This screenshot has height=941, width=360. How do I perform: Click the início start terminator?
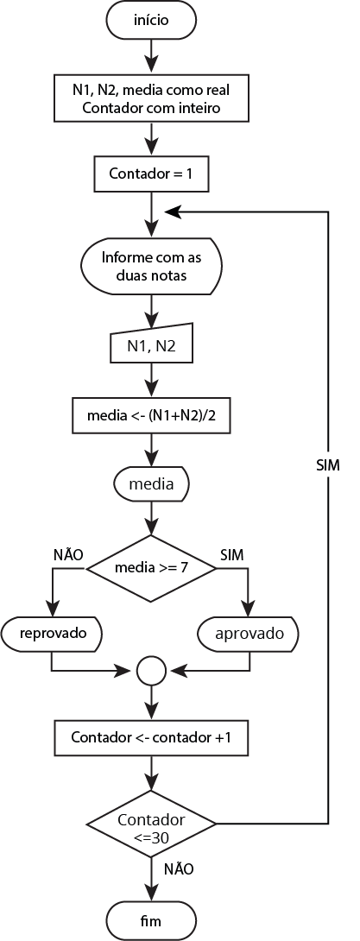click(151, 21)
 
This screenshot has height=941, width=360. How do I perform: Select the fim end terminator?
click(151, 920)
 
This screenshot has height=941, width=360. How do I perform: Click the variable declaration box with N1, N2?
click(151, 98)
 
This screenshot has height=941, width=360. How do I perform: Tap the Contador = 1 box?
click(151, 174)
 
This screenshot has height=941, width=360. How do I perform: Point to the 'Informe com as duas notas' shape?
click(151, 267)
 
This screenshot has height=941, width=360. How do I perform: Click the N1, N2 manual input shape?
click(151, 345)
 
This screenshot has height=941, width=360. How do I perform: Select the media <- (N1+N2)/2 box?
click(151, 414)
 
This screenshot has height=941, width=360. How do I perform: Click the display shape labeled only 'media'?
click(151, 483)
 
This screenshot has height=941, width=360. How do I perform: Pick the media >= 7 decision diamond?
click(151, 568)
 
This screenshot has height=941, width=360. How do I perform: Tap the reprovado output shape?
click(52, 633)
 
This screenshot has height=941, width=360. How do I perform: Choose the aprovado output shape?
click(248, 634)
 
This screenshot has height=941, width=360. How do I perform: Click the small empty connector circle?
click(151, 670)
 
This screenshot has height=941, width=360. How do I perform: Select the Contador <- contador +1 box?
click(151, 737)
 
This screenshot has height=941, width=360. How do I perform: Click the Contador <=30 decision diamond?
click(151, 823)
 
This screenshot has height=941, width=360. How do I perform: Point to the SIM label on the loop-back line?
click(327, 465)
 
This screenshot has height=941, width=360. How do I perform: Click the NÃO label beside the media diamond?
click(68, 554)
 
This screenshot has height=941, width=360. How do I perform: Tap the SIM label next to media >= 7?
click(232, 555)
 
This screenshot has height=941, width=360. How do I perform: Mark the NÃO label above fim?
click(178, 868)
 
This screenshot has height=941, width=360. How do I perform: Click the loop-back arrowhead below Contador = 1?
click(172, 212)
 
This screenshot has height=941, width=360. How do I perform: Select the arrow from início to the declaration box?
click(151, 58)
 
